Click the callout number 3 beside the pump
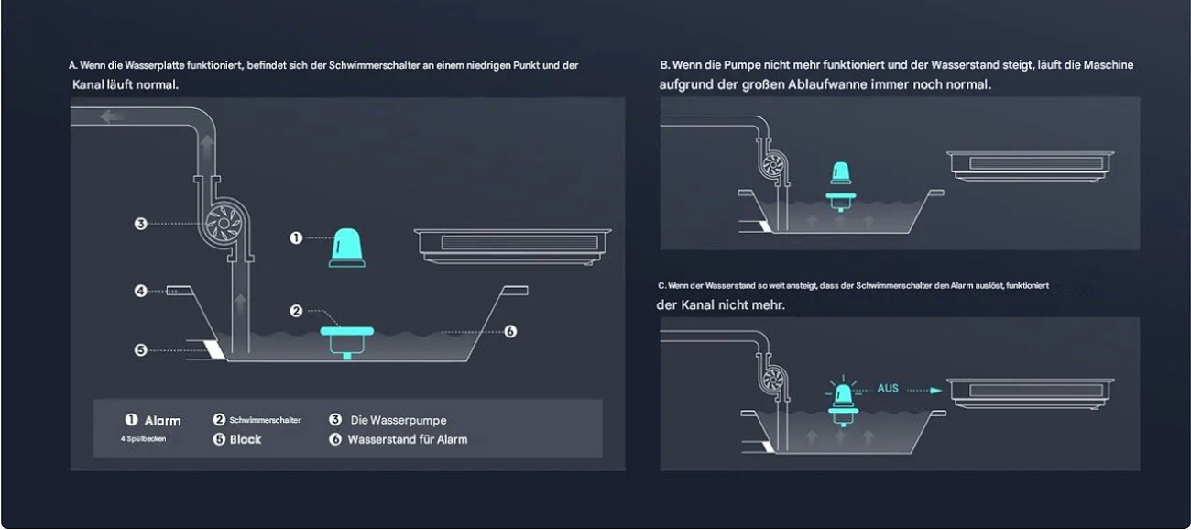click(x=140, y=224)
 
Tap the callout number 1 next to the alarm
click(x=296, y=237)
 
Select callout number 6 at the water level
click(x=510, y=332)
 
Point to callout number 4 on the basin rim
click(x=140, y=291)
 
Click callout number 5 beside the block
click(x=140, y=349)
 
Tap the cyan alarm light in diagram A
click(x=347, y=248)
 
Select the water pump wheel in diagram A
click(x=224, y=224)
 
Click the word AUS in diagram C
click(x=888, y=389)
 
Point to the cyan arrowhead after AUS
click(x=936, y=391)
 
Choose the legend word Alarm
click(x=163, y=421)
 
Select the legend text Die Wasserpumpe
click(x=399, y=420)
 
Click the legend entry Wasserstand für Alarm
click(x=408, y=439)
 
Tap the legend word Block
click(x=246, y=439)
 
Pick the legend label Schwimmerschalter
click(x=266, y=420)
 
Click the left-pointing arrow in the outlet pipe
click(x=111, y=116)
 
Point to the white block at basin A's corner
click(x=215, y=349)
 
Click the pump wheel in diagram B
click(x=773, y=164)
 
